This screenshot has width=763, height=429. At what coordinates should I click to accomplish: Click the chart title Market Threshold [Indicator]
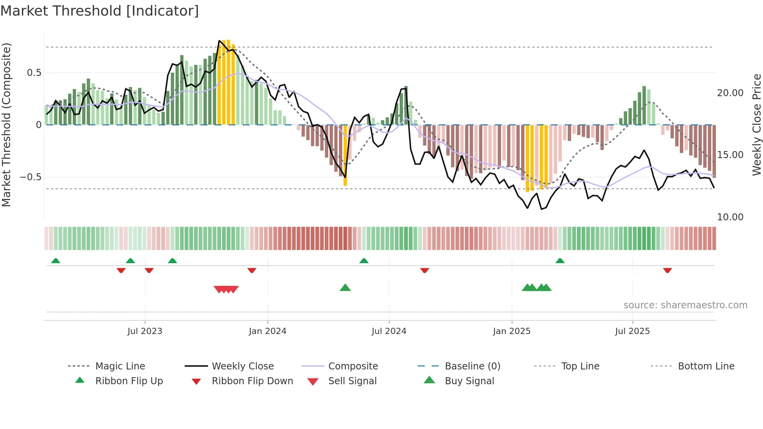coord(100,11)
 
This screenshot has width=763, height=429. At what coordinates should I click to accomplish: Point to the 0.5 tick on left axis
coord(34,73)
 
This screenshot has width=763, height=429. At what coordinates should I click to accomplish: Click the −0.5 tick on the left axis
coord(31,177)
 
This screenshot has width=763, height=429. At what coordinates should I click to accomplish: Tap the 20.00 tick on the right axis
coord(730,93)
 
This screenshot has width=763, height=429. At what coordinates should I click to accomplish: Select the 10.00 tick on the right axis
coord(730,217)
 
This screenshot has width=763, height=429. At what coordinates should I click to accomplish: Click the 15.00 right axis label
coord(730,155)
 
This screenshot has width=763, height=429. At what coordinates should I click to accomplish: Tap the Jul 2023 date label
coord(145,331)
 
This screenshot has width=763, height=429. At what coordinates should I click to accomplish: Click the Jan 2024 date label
coord(267,331)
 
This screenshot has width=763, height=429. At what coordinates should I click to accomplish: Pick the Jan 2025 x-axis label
coord(512,331)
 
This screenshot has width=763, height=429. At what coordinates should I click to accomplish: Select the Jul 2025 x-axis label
coord(632,331)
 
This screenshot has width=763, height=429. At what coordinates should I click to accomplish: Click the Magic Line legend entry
coord(120,366)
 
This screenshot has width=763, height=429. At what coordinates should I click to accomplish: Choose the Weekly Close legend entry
coord(243,366)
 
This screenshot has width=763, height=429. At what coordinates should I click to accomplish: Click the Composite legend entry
coord(353,366)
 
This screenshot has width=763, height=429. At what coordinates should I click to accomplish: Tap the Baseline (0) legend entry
coord(472,366)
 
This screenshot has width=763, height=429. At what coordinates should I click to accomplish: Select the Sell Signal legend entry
coord(352,381)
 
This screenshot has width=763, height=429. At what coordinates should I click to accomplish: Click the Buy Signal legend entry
coord(469,381)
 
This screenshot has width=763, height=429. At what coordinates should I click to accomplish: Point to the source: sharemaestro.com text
coord(685,305)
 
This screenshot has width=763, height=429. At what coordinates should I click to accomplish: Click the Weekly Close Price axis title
coord(756,125)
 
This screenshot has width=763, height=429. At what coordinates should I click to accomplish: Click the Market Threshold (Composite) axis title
coord(7,125)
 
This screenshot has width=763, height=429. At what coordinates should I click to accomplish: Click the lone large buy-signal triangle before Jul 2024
coord(345,288)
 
